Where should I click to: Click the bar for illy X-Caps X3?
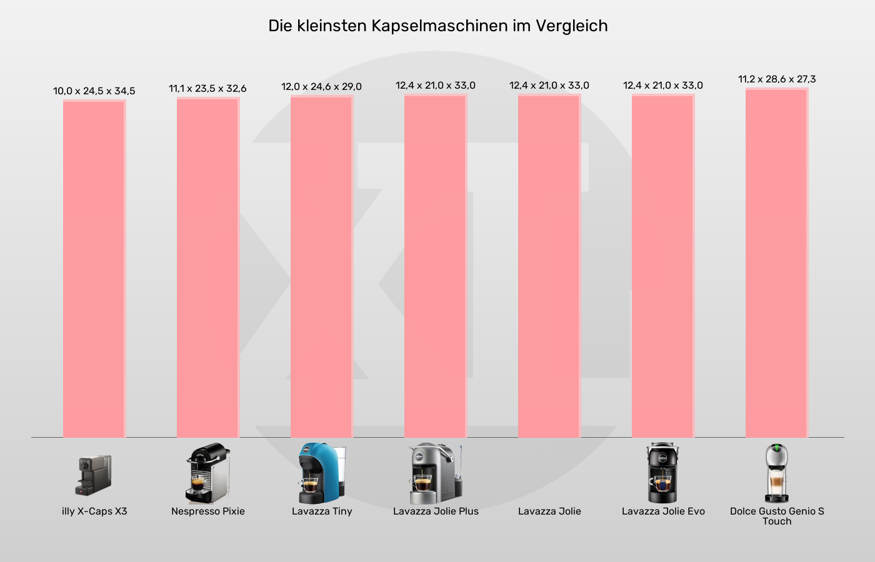(x=94, y=269)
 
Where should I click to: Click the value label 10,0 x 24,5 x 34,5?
(x=94, y=91)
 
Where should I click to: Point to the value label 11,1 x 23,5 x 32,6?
(x=207, y=89)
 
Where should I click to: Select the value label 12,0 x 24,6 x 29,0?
(x=321, y=87)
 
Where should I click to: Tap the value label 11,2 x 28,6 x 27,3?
(x=777, y=79)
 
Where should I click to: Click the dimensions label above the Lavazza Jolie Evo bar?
(x=662, y=86)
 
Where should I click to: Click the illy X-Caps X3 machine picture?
(x=94, y=475)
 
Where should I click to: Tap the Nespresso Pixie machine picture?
(x=207, y=473)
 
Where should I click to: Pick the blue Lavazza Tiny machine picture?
(x=321, y=473)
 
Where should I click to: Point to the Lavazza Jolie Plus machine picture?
(x=435, y=473)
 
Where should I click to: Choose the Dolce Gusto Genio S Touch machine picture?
(x=776, y=473)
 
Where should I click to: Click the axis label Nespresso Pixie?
(x=207, y=511)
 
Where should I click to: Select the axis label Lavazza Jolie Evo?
(x=662, y=511)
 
